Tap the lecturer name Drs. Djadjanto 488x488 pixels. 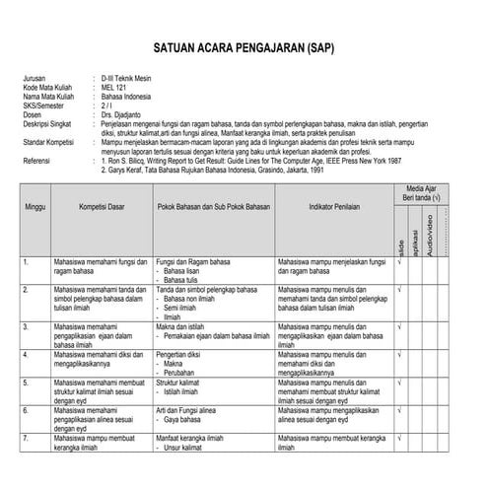pyautogui.click(x=122, y=114)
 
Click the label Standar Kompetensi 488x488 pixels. pyautogui.click(x=50, y=142)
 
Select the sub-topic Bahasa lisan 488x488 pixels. pyautogui.click(x=185, y=271)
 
